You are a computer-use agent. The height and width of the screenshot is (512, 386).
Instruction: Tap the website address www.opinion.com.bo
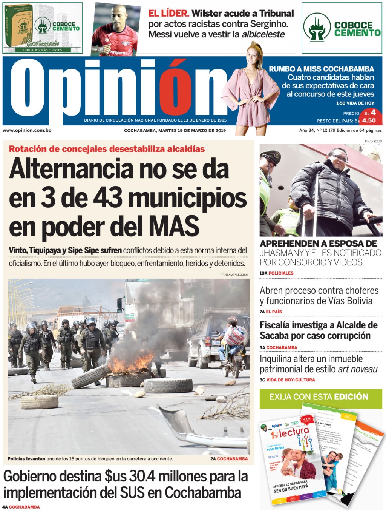tap(27, 130)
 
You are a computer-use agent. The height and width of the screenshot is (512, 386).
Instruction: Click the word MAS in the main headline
tap(174, 226)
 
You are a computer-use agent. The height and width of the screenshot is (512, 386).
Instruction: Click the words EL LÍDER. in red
tap(168, 13)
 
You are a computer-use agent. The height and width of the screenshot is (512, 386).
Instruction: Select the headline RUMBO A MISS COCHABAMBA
tap(321, 69)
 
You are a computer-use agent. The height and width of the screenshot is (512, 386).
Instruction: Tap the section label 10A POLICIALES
tap(276, 273)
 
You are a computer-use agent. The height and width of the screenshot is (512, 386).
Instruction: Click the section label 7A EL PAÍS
tap(271, 312)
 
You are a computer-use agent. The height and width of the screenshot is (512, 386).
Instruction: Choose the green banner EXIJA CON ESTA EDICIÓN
tap(320, 397)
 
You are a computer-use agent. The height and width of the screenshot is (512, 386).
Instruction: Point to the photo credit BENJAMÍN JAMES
tap(234, 275)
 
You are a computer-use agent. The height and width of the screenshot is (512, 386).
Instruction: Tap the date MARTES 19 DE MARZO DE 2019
tap(192, 131)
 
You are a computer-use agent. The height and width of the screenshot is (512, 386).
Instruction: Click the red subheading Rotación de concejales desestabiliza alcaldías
tap(107, 149)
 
